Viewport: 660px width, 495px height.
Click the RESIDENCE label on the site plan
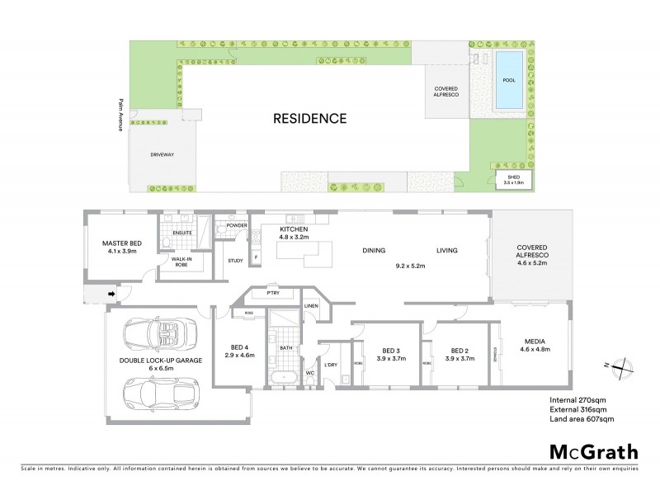[x=310, y=118]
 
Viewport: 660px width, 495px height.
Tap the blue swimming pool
[x=509, y=79]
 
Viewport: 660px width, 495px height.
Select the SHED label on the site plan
[x=513, y=179]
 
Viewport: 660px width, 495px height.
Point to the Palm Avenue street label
[x=120, y=114]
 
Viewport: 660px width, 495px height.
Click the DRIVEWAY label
[x=160, y=153]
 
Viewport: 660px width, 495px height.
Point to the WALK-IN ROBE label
[x=181, y=262]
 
